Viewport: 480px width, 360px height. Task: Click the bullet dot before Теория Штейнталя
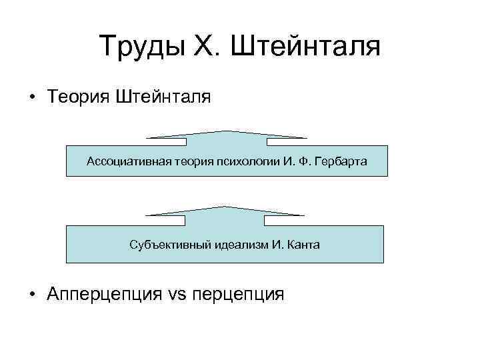coord(32,98)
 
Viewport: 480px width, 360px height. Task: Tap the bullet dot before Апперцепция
coord(32,294)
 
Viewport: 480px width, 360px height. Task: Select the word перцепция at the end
coord(237,294)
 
